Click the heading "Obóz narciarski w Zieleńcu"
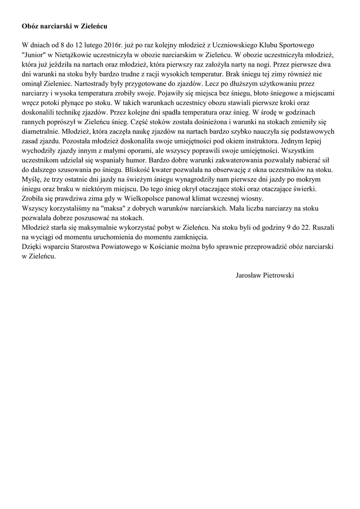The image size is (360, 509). pos(64,25)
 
